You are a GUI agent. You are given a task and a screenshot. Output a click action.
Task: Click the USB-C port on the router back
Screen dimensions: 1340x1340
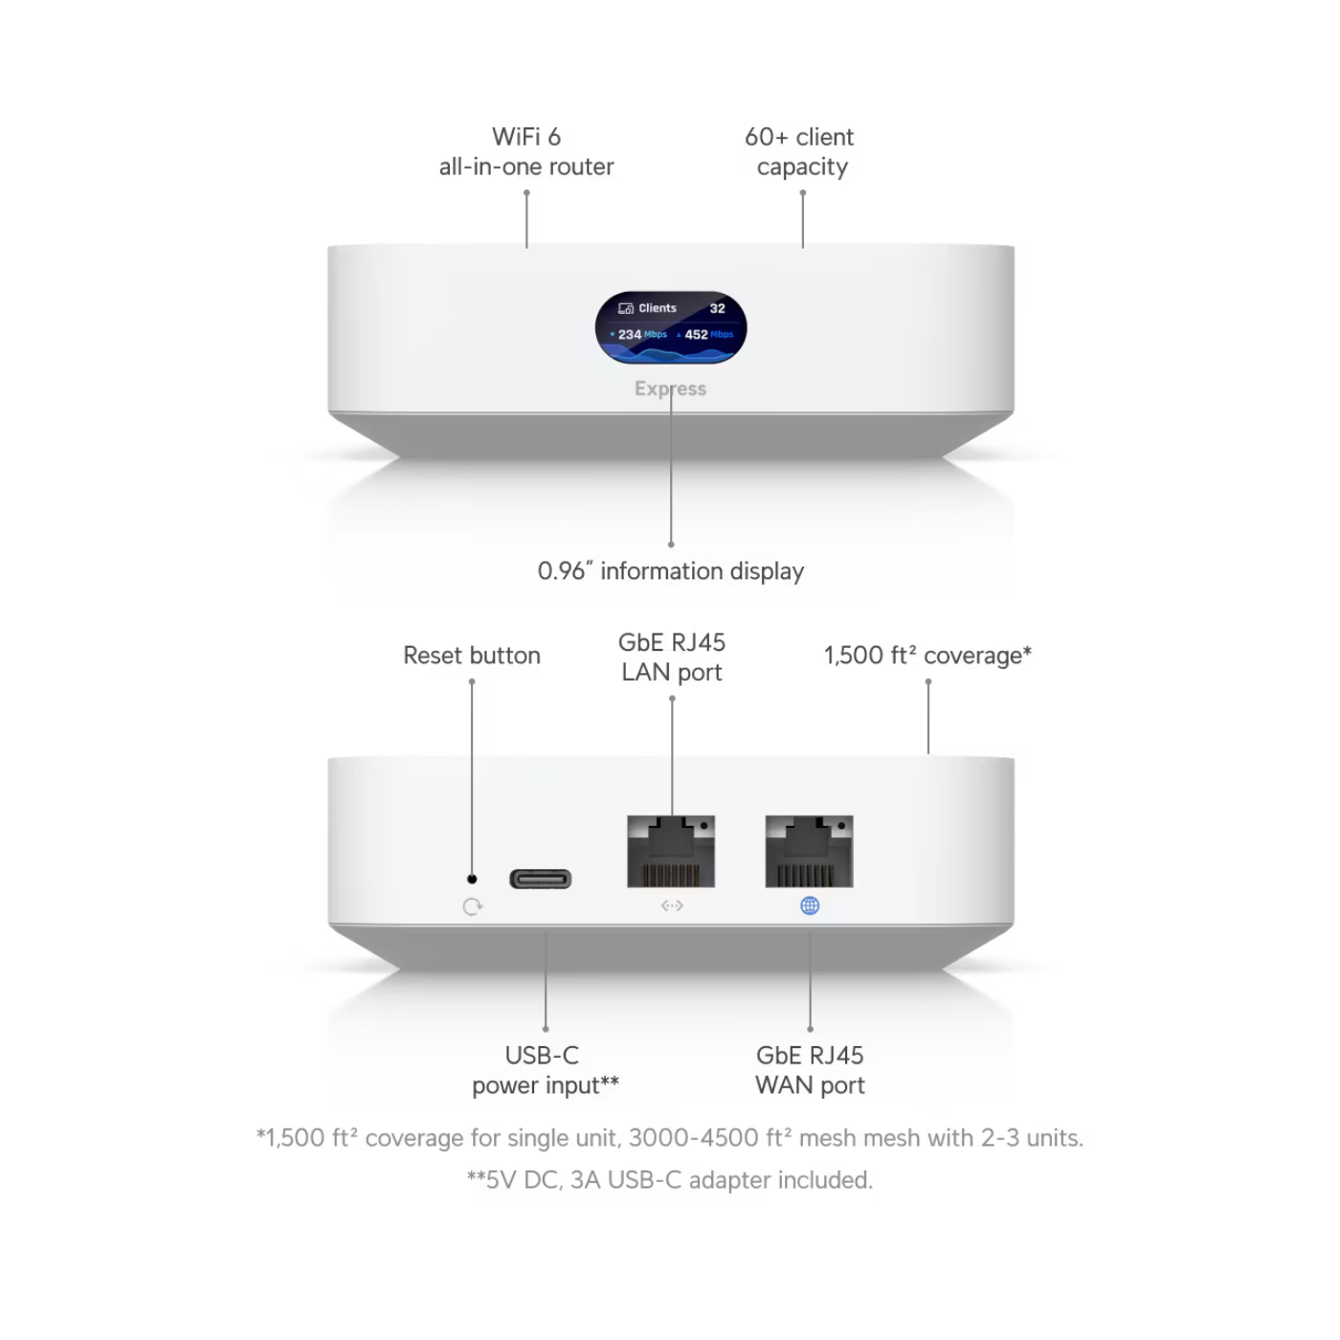point(541,879)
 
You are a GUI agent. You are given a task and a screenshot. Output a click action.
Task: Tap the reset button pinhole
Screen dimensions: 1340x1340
point(472,879)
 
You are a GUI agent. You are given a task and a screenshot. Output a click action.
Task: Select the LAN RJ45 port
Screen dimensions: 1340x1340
point(671,851)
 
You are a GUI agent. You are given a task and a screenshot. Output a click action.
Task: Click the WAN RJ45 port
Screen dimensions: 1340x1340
point(809,851)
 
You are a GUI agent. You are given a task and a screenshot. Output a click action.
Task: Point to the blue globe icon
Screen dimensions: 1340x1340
point(810,905)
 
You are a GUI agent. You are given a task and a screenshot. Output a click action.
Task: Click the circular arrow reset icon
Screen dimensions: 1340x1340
point(472,906)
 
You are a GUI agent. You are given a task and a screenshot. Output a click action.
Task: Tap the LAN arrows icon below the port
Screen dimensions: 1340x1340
point(672,905)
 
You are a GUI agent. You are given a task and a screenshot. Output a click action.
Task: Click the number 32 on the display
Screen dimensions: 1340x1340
point(717,308)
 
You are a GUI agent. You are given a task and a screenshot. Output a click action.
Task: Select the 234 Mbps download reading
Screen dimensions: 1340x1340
point(638,334)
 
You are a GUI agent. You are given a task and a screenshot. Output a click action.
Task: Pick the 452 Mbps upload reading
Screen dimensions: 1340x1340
point(705,334)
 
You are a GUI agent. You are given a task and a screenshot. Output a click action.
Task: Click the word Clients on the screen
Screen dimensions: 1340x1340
point(658,308)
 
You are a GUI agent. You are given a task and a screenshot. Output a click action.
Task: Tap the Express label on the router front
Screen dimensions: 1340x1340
point(670,389)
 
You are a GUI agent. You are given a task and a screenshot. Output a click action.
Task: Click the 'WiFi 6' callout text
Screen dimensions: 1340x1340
point(526,137)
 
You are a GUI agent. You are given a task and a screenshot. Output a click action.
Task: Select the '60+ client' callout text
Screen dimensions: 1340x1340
point(799,137)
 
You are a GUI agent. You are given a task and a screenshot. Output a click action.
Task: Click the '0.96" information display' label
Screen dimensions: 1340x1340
point(671,570)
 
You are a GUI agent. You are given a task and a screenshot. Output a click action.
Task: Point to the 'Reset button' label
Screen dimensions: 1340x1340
point(472,655)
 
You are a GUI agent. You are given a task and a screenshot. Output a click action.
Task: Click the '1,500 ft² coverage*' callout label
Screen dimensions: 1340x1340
point(927,655)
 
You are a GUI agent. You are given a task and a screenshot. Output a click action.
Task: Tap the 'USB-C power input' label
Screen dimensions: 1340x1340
point(546,1070)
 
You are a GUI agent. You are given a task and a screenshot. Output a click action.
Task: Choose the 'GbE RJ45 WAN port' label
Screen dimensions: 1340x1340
point(810,1070)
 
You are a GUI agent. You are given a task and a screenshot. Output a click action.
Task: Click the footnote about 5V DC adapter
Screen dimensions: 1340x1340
point(670,1180)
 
